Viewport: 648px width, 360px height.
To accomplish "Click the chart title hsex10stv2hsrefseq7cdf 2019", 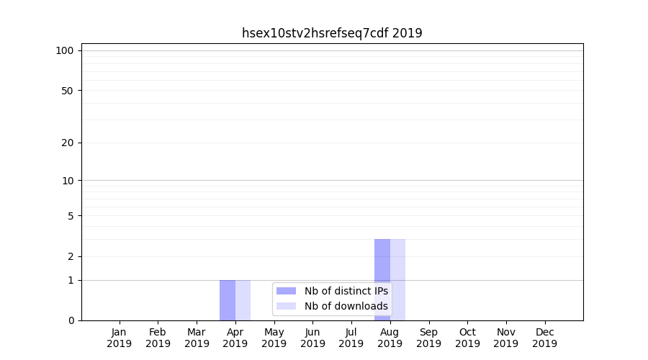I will coord(332,33).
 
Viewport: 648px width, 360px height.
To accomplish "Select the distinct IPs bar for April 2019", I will coord(228,300).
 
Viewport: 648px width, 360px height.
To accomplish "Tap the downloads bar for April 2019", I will coord(243,300).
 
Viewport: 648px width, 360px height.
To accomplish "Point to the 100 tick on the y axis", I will coord(65,50).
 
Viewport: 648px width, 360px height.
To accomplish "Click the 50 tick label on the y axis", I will coord(68,91).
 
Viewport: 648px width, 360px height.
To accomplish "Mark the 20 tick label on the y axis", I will coord(68,143).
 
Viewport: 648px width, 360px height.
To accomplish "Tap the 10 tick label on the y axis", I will coord(68,181).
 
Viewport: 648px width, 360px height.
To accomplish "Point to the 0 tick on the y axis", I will coord(71,320).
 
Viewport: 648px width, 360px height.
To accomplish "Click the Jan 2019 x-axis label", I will coord(120,338).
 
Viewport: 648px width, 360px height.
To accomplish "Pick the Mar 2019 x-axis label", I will coord(197,338).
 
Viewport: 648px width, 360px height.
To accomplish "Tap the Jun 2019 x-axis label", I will coord(312,338).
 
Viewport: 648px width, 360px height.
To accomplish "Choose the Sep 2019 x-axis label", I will coord(428,338).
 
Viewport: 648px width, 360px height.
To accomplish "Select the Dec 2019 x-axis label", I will coord(544,338).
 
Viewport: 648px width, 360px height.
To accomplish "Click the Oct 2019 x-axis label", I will coord(467,338).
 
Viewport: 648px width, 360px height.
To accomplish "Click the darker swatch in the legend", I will coord(286,291).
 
